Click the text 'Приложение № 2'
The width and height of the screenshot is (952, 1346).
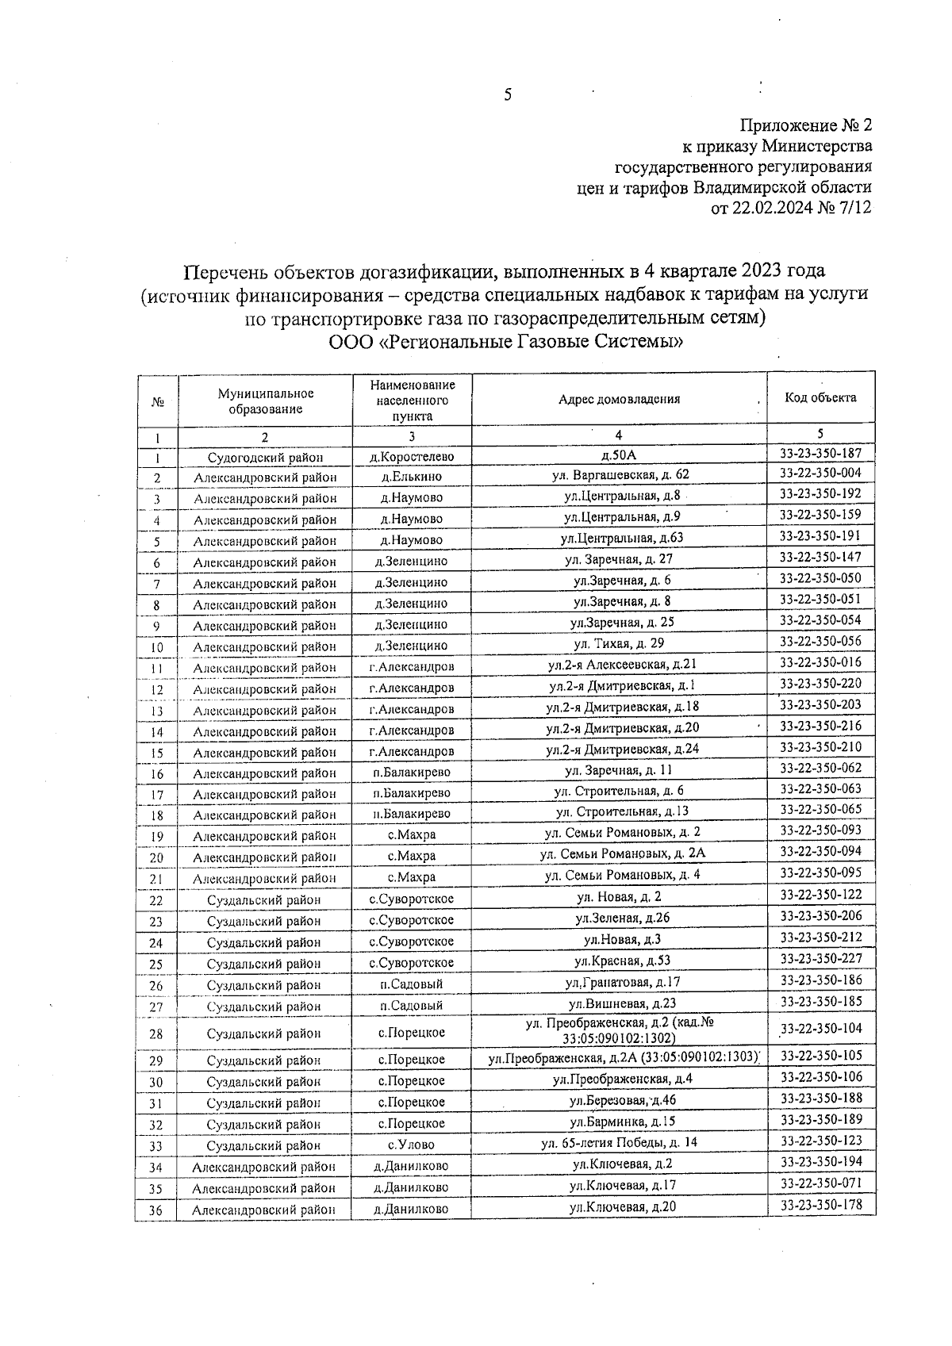(805, 125)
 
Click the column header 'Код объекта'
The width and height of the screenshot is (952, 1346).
(820, 397)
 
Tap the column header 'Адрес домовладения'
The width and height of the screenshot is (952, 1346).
(619, 399)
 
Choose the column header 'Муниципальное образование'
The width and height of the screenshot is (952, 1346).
(266, 401)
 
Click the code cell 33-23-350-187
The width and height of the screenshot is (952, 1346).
(820, 453)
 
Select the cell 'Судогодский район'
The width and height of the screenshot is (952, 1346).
(265, 458)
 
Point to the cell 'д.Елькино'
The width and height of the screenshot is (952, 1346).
(411, 477)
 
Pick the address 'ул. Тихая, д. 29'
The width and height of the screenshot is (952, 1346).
(619, 643)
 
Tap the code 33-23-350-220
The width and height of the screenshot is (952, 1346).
(820, 683)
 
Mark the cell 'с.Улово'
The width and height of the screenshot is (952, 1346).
(411, 1145)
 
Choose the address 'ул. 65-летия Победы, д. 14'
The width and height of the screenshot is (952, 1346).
(620, 1143)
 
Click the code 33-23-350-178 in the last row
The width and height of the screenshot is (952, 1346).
(820, 1205)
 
